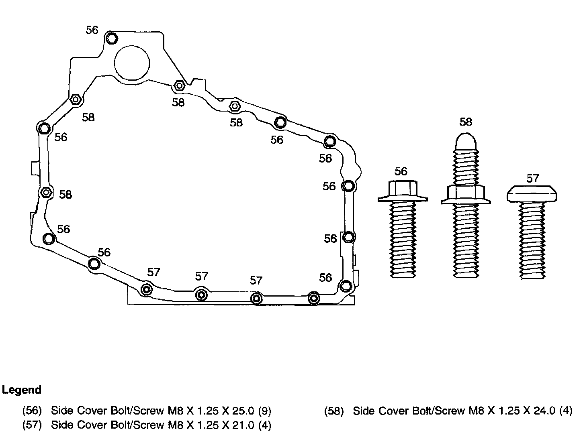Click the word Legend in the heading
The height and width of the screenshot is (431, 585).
pyautogui.click(x=22, y=390)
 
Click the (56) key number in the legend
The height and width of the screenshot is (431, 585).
pyautogui.click(x=32, y=411)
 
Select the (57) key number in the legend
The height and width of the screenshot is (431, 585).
pyautogui.click(x=32, y=425)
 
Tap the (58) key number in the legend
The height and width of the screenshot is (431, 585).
pyautogui.click(x=334, y=411)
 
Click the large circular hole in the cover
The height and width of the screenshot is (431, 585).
pyautogui.click(x=132, y=62)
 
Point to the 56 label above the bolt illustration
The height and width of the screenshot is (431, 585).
pyautogui.click(x=401, y=171)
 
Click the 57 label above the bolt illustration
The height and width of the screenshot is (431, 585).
pyautogui.click(x=532, y=178)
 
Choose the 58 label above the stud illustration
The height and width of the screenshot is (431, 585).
pyautogui.click(x=466, y=122)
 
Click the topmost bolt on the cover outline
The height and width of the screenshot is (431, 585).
pyautogui.click(x=112, y=39)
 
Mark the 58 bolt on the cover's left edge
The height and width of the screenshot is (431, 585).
pyautogui.click(x=46, y=193)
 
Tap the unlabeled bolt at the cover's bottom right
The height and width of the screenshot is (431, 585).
pyautogui.click(x=314, y=298)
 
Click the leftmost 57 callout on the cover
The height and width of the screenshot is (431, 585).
pyautogui.click(x=153, y=272)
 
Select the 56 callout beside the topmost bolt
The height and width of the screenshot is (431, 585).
pyautogui.click(x=92, y=30)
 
